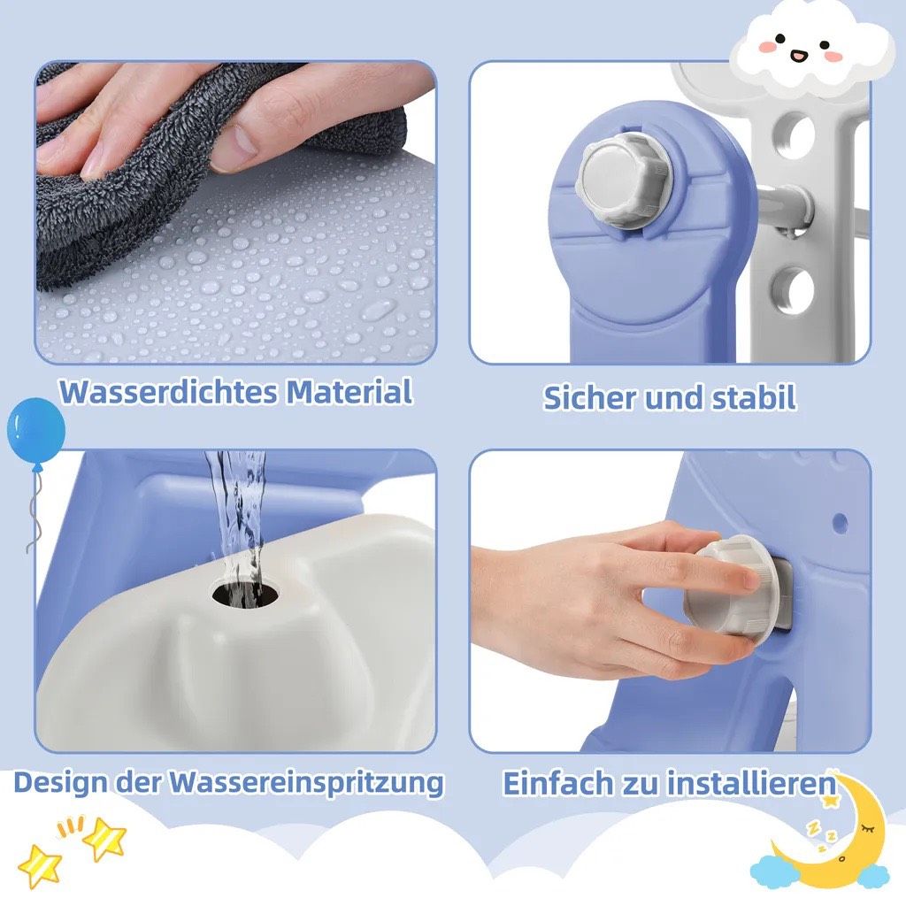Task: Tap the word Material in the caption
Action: tap(349, 391)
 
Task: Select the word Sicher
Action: tap(589, 397)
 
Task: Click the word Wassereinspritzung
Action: tap(306, 784)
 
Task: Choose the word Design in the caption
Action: tap(60, 782)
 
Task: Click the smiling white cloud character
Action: tap(811, 50)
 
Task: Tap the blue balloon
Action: tap(35, 432)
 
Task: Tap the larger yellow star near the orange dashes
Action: tap(104, 839)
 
